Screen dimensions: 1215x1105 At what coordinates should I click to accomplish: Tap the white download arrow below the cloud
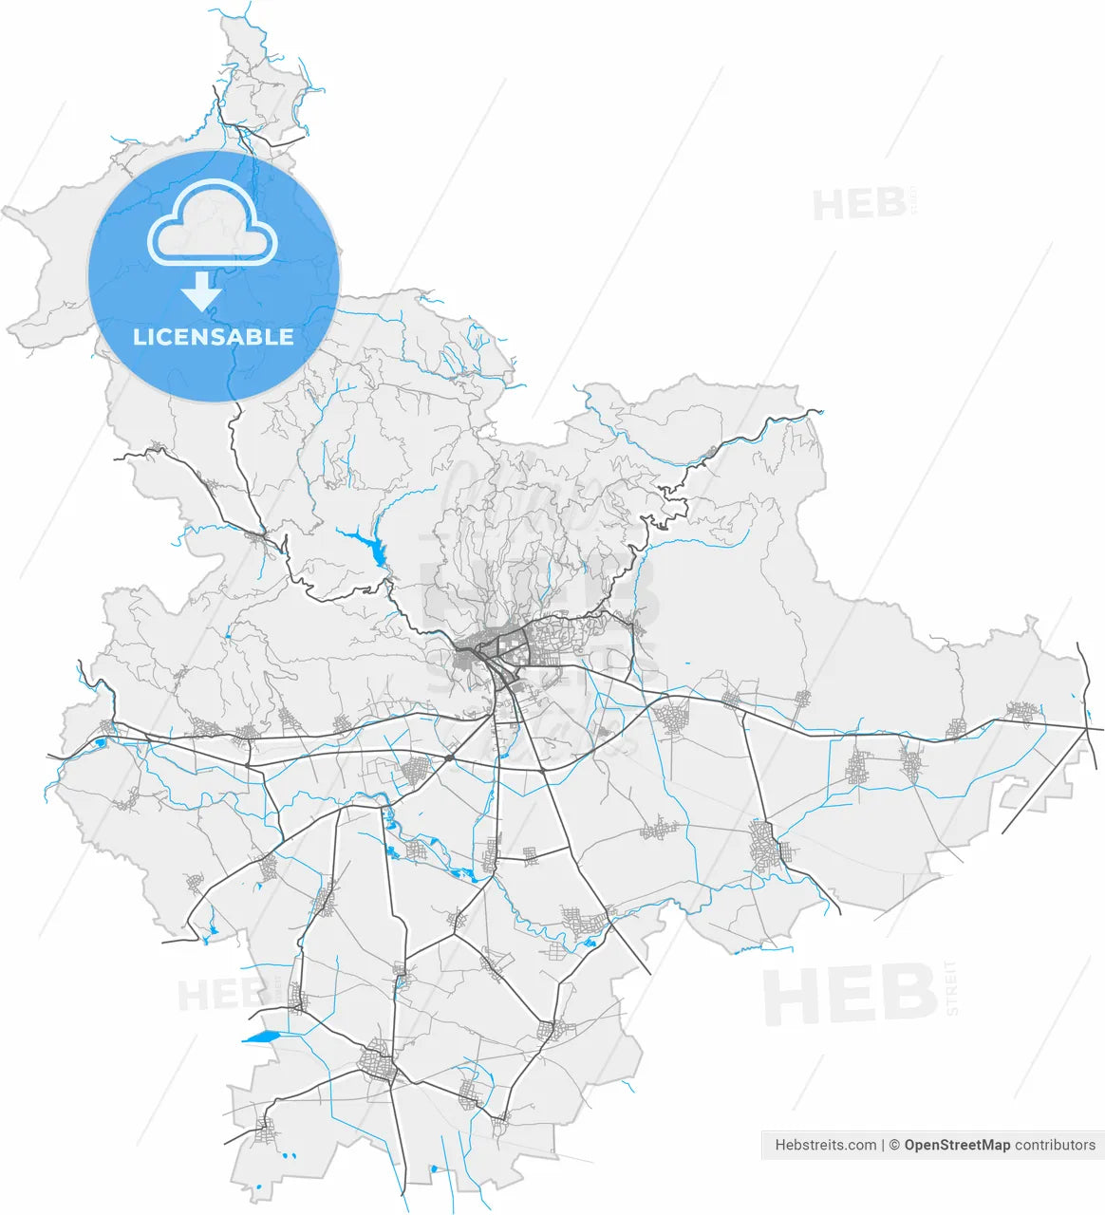tap(201, 291)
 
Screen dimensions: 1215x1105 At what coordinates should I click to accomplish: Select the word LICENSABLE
tap(214, 337)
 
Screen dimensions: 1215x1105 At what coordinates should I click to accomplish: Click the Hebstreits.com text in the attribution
tap(825, 1145)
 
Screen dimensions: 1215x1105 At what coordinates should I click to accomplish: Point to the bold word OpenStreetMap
tap(957, 1145)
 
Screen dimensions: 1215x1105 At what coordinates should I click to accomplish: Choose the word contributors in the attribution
tap(1055, 1145)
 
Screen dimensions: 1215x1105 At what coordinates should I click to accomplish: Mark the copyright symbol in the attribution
tap(894, 1145)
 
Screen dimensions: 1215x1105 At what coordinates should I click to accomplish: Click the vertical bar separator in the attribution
tap(883, 1145)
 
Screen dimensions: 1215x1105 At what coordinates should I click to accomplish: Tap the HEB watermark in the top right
tap(858, 204)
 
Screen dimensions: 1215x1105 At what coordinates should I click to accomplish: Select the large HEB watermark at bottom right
tap(850, 994)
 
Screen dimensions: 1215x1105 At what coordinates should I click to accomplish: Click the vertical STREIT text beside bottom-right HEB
tap(951, 988)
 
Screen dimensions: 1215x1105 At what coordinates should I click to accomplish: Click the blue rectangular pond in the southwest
tap(262, 1037)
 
